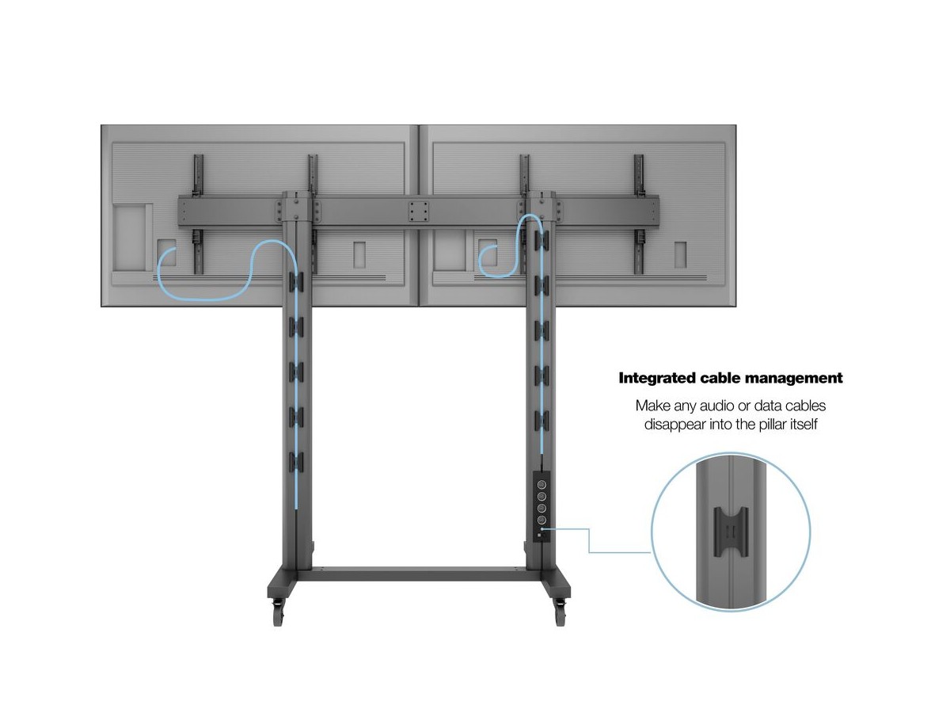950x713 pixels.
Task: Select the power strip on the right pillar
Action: pos(541,506)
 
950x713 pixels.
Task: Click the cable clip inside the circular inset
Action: pos(731,532)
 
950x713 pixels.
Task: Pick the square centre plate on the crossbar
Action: pos(419,212)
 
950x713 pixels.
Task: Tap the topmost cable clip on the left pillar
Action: pos(296,281)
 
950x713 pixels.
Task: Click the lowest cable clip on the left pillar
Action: pos(296,462)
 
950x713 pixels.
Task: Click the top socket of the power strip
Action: pos(541,484)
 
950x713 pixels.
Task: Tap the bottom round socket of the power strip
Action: pos(541,520)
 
